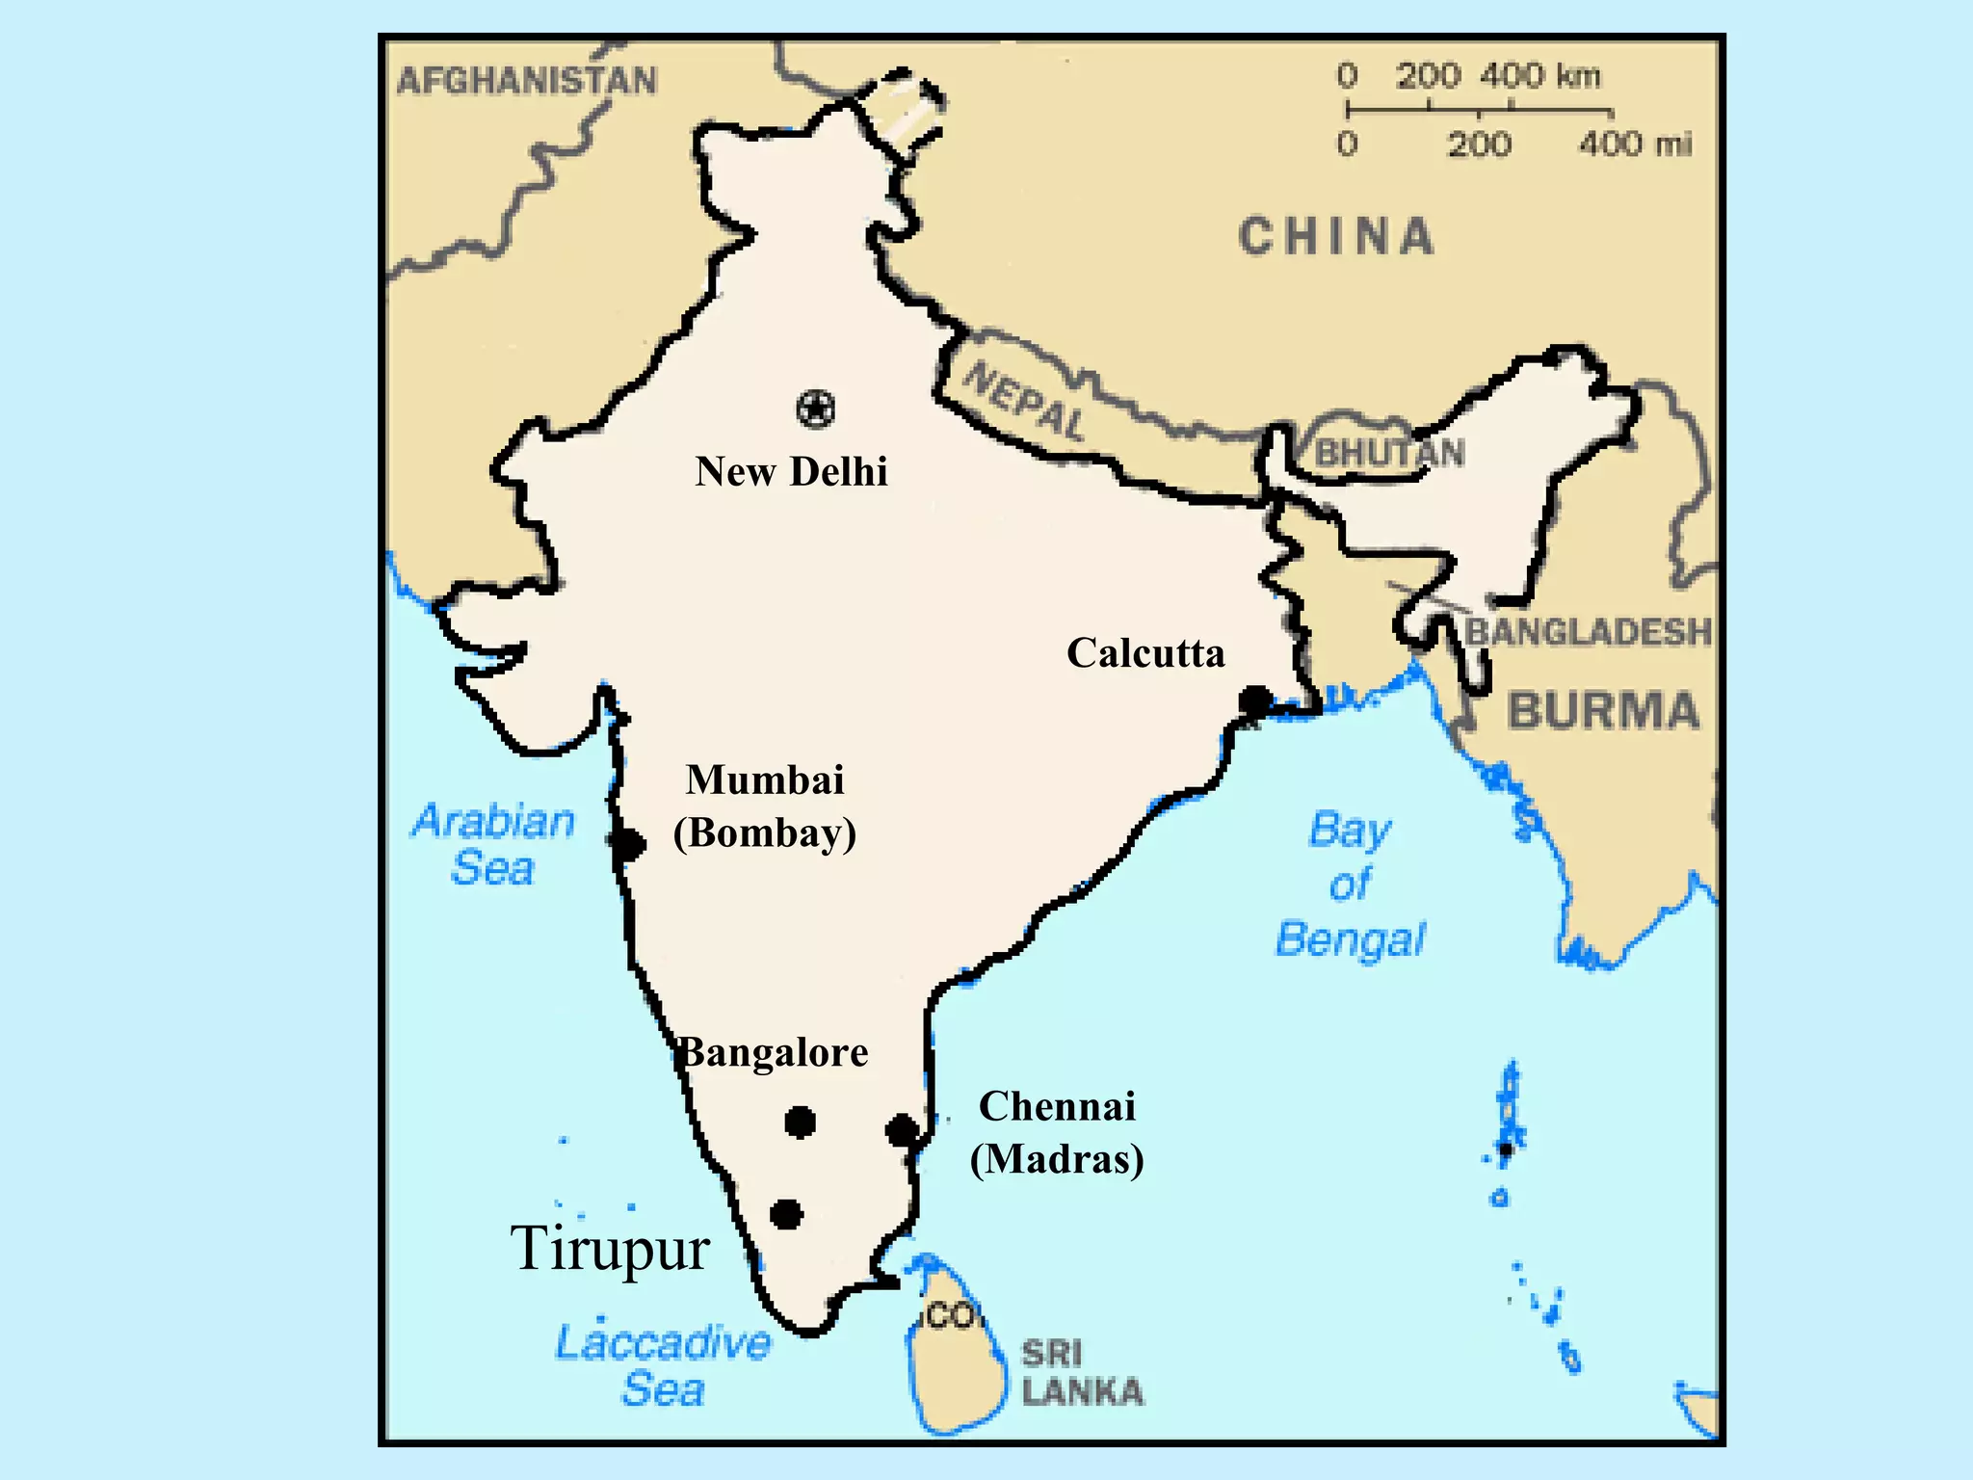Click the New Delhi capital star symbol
coord(816,410)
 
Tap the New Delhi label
coord(791,472)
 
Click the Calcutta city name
coord(1145,653)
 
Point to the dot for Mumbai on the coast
coord(628,844)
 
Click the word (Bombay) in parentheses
coord(765,833)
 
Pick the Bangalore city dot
coord(800,1122)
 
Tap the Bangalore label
coord(774,1052)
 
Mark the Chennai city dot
coord(903,1130)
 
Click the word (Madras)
coord(1057,1159)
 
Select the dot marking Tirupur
coord(786,1214)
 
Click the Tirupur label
coord(610,1250)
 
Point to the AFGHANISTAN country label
coord(527,81)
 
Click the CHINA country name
coord(1336,237)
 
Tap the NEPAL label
coord(1024,400)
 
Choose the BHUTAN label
coord(1389,453)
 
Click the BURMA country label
coord(1603,711)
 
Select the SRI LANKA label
coord(1082,1372)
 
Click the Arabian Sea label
coord(493,844)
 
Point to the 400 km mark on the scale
coord(1539,76)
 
